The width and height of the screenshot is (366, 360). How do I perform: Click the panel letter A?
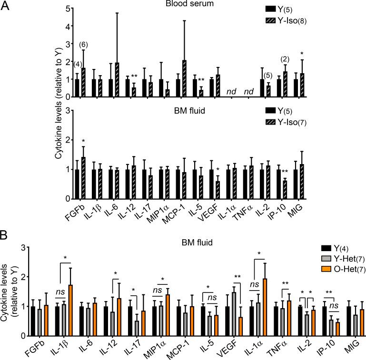coord(6,6)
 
